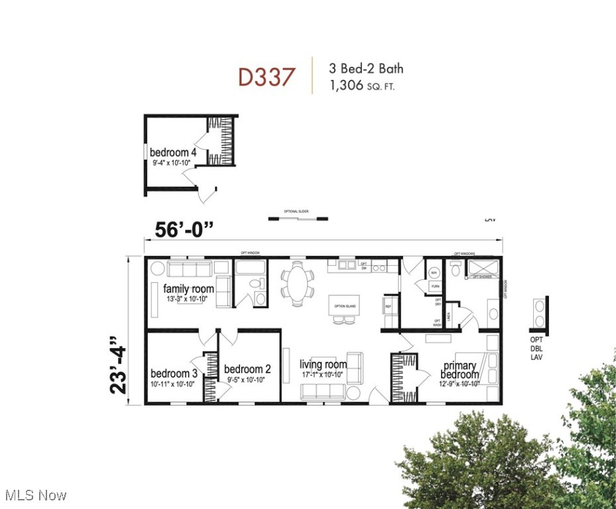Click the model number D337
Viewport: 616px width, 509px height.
[x=266, y=77]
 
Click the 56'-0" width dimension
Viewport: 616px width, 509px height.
[x=184, y=229]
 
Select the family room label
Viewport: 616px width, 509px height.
[x=188, y=289]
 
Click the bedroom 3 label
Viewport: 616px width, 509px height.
[x=174, y=372]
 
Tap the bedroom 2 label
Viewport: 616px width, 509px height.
[x=247, y=369]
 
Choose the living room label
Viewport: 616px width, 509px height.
[x=323, y=365]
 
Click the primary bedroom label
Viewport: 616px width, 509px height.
[x=460, y=370]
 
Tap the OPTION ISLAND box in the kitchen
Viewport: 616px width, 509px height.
[x=345, y=305]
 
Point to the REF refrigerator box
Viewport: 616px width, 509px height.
[x=389, y=307]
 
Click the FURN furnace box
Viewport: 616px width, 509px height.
[x=435, y=286]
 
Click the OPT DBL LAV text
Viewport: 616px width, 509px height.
[x=536, y=349]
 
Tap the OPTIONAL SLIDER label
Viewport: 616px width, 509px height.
[x=298, y=211]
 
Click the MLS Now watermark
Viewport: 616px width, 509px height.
[x=34, y=495]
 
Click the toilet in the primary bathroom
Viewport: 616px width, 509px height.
[x=456, y=270]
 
